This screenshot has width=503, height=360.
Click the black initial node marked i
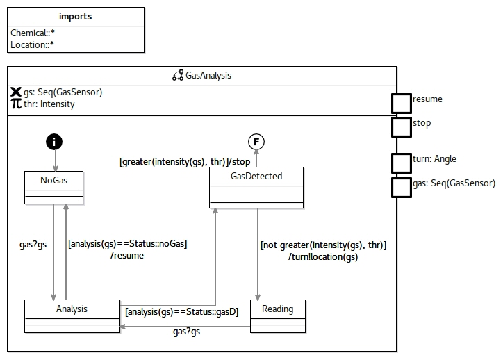point(54,142)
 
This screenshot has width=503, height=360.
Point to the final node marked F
point(256,142)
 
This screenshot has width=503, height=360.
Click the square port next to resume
point(401,103)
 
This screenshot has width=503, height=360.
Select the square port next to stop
point(401,126)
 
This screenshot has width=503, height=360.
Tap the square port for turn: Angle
point(401,163)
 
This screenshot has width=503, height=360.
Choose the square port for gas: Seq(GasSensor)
point(401,187)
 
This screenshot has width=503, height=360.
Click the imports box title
point(76,17)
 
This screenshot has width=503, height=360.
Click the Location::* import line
point(31,45)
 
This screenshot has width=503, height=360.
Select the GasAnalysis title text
point(208,75)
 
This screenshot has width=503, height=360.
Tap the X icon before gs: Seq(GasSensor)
point(16,92)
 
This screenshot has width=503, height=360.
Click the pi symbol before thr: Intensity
point(16,104)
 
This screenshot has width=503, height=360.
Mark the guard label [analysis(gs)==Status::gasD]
point(182,312)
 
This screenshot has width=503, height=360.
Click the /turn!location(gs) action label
point(323,257)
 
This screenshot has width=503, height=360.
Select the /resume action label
point(126,255)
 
